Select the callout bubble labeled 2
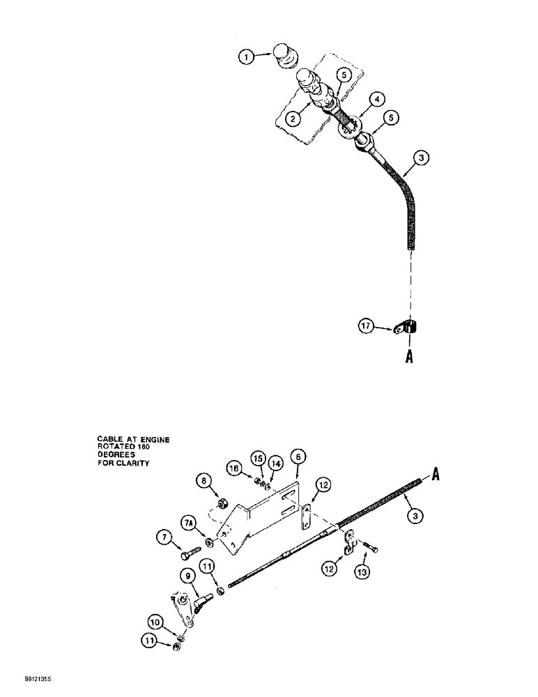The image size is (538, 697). click(295, 119)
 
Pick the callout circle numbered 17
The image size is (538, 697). click(367, 325)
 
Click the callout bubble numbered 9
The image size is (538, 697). click(188, 576)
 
